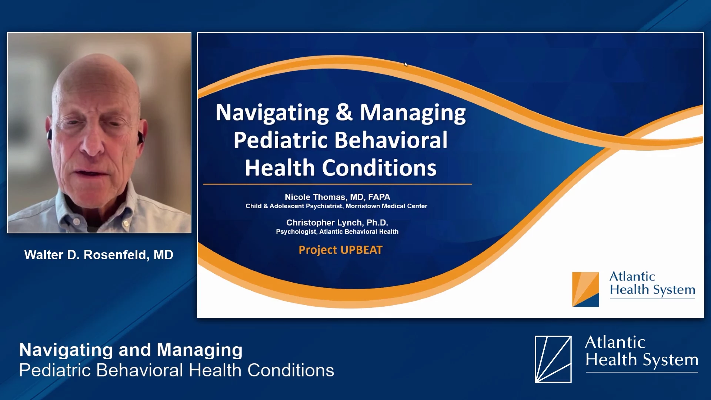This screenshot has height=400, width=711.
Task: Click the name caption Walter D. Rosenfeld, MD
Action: (99, 255)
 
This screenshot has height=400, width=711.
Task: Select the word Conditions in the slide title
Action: (379, 168)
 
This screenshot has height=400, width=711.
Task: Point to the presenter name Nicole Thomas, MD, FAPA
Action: (337, 197)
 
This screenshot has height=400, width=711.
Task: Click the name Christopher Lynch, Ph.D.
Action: (337, 223)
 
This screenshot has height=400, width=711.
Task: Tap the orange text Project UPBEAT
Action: (340, 250)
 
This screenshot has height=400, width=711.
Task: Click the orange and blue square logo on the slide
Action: (585, 289)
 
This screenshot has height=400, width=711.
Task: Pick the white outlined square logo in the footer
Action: (553, 359)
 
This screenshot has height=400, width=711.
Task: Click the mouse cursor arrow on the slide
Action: (405, 64)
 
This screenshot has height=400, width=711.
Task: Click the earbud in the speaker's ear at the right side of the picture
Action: (140, 137)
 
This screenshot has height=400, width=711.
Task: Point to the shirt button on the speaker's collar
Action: (76, 222)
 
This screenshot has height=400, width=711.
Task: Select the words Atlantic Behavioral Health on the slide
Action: (359, 231)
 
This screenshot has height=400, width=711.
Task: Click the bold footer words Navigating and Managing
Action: (131, 350)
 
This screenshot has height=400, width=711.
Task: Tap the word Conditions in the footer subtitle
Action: (291, 370)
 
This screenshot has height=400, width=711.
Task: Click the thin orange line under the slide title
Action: (337, 184)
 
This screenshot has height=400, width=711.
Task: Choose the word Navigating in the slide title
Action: (272, 113)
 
